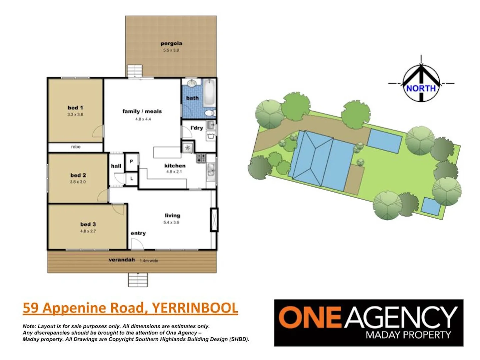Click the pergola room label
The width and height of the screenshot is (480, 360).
(x=171, y=43)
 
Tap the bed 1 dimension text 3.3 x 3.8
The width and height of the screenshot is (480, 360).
(x=75, y=115)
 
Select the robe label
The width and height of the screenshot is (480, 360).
(x=76, y=147)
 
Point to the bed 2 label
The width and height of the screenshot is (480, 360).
(x=78, y=175)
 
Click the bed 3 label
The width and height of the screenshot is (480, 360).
(x=88, y=224)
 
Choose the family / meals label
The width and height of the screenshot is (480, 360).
(x=142, y=111)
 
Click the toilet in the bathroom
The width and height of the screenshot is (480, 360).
(x=210, y=113)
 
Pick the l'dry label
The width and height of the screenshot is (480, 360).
(x=197, y=128)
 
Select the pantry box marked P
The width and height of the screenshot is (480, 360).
(x=131, y=161)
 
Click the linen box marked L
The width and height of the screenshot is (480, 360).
(x=132, y=179)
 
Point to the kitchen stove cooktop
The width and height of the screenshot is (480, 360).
(x=201, y=158)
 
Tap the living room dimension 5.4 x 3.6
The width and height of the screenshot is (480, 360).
(x=171, y=222)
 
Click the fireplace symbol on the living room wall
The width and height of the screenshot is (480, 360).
(x=214, y=220)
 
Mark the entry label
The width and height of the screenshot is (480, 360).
(x=138, y=233)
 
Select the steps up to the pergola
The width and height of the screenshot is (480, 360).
(x=135, y=71)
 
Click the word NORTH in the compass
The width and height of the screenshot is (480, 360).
(x=421, y=88)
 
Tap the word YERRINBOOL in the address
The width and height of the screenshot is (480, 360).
(x=195, y=308)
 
